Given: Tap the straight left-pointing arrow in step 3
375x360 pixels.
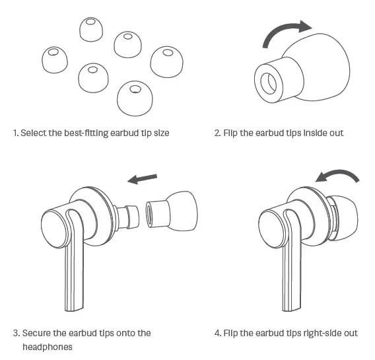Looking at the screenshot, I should coord(143,178).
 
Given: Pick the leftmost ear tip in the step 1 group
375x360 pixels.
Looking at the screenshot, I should coord(53,59).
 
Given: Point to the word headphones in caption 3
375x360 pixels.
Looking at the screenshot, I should coord(48,347).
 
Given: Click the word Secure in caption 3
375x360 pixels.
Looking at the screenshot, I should coord(36,333).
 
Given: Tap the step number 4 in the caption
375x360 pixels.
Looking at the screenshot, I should coord(217,333).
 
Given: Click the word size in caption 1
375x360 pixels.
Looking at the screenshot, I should coord(161,133).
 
